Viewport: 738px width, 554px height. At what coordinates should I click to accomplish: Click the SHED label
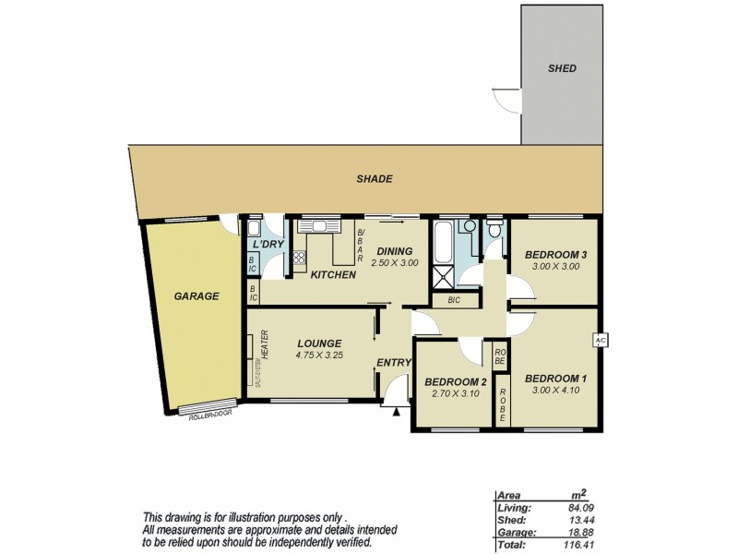click(562, 68)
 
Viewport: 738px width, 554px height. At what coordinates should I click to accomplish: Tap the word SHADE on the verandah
click(375, 179)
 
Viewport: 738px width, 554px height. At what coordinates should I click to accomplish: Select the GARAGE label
click(196, 296)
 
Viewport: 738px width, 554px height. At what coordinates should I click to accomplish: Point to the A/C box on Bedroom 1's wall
click(600, 341)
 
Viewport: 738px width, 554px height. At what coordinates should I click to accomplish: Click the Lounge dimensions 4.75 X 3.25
click(319, 355)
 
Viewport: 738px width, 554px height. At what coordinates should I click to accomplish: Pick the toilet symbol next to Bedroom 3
click(495, 230)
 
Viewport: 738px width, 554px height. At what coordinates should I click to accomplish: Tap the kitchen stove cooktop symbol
click(299, 259)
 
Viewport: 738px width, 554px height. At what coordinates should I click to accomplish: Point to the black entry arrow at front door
click(396, 413)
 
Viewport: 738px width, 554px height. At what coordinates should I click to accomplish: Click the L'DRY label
click(268, 244)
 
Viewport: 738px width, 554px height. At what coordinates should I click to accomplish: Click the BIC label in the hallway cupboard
click(453, 300)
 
